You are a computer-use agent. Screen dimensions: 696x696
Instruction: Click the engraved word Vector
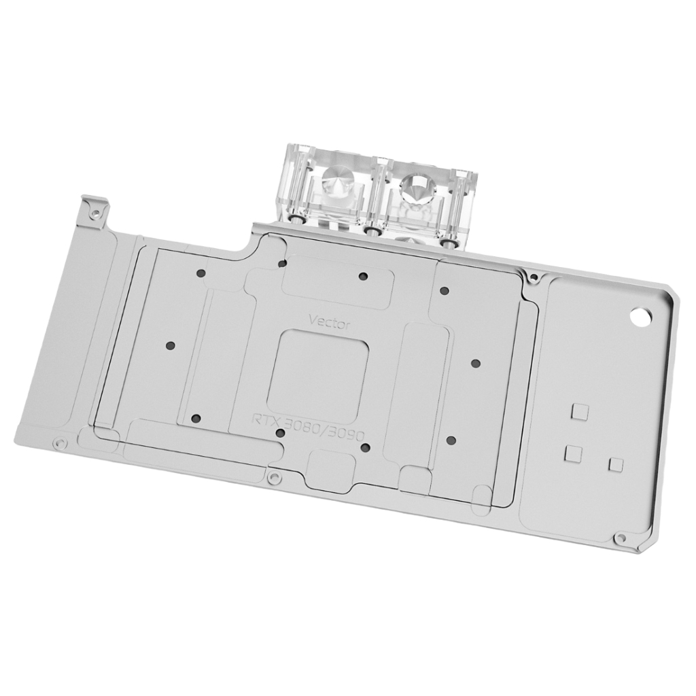pos(330,321)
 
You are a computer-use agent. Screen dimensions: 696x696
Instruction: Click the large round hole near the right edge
pos(642,317)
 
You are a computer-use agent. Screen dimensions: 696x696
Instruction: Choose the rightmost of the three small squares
pos(616,464)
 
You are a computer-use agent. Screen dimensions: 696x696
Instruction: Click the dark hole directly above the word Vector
pos(363,276)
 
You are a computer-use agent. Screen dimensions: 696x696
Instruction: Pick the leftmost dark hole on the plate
pos(170,345)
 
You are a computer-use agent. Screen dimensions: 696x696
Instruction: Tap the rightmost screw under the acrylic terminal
pos(447,241)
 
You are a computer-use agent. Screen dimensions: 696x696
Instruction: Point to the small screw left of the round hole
pos(534,277)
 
